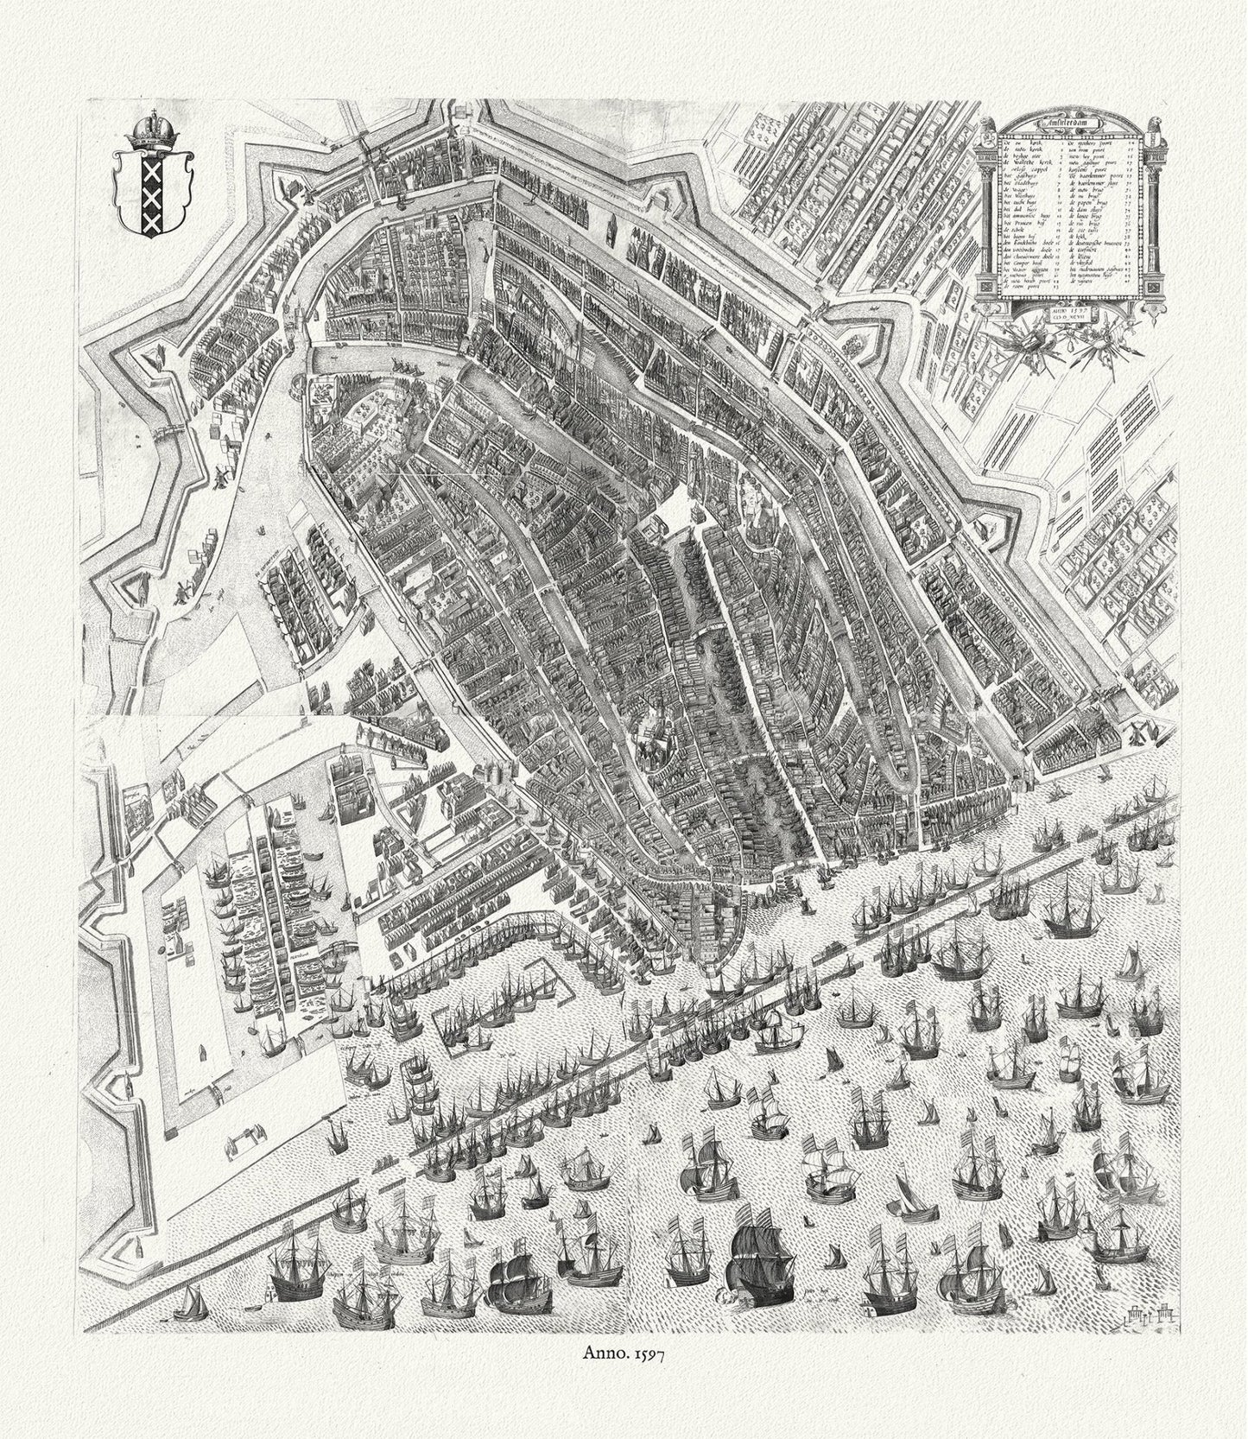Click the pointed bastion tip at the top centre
pos(482,104)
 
